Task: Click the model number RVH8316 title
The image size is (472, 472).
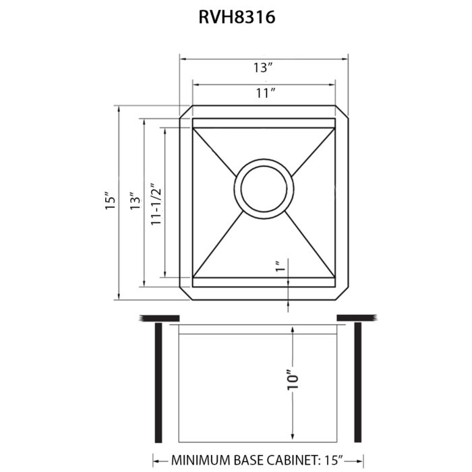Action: click(x=236, y=18)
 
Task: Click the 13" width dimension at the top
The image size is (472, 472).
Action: click(x=263, y=67)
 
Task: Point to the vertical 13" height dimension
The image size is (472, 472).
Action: click(x=134, y=200)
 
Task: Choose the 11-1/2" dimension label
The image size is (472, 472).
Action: click(x=156, y=202)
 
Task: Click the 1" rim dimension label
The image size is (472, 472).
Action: click(x=278, y=268)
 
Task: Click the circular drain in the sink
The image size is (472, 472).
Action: click(x=264, y=190)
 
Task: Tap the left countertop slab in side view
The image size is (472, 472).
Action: click(x=158, y=318)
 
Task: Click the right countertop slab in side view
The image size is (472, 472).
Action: click(x=357, y=318)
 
